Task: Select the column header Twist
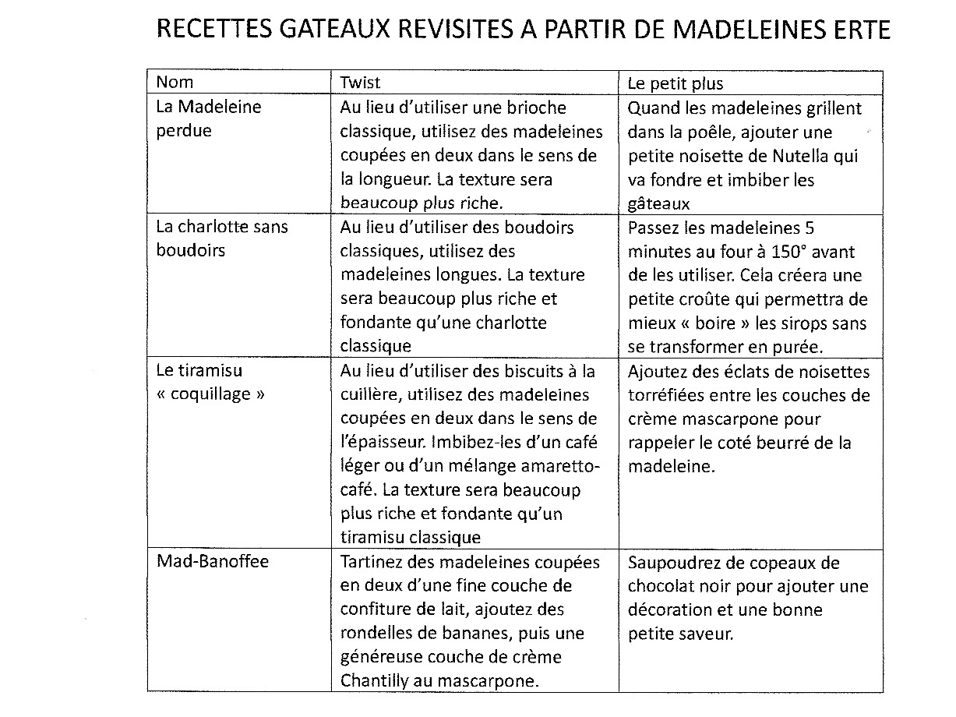click(360, 82)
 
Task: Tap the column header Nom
click(175, 82)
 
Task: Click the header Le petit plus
click(675, 83)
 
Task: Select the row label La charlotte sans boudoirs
click(221, 238)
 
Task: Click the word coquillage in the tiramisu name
click(210, 394)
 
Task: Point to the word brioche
click(535, 108)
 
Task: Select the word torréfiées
click(666, 396)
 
